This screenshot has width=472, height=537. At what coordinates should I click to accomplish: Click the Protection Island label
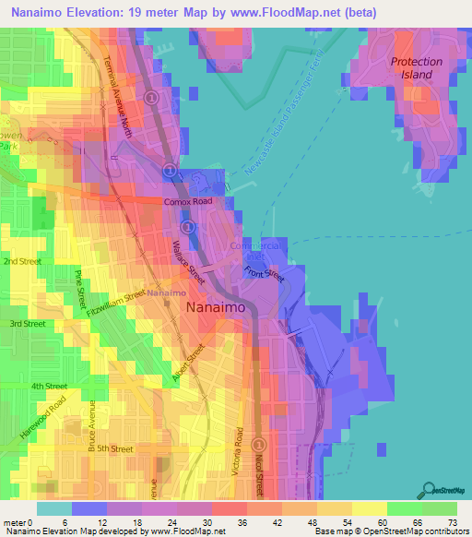(x=416, y=68)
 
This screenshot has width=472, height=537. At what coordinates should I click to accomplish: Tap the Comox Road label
(x=188, y=201)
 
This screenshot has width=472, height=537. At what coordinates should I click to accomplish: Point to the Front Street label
(x=265, y=272)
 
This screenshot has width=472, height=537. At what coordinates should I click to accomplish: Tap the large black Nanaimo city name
(x=217, y=309)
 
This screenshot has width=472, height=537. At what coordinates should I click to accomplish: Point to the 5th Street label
(x=116, y=448)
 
